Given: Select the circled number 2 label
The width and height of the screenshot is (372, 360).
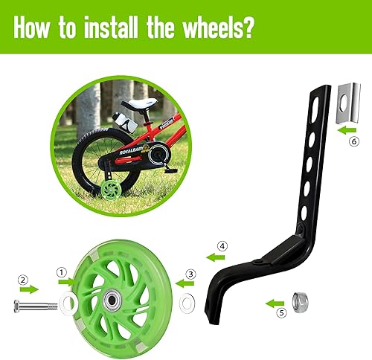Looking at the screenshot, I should click(24, 280).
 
